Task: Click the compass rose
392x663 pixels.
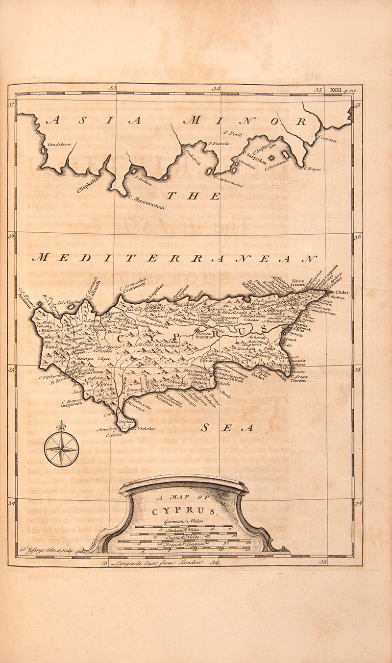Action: point(61,449)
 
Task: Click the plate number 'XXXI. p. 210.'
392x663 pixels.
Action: point(344,90)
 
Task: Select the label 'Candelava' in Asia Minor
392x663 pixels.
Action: point(59,145)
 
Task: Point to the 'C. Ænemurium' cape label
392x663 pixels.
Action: point(147,202)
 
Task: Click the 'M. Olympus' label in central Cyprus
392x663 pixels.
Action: point(167,345)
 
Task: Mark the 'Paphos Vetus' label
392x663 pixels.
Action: point(91,373)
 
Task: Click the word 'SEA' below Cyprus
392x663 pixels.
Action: point(228,428)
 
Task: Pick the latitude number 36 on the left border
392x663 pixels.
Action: point(11,237)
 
